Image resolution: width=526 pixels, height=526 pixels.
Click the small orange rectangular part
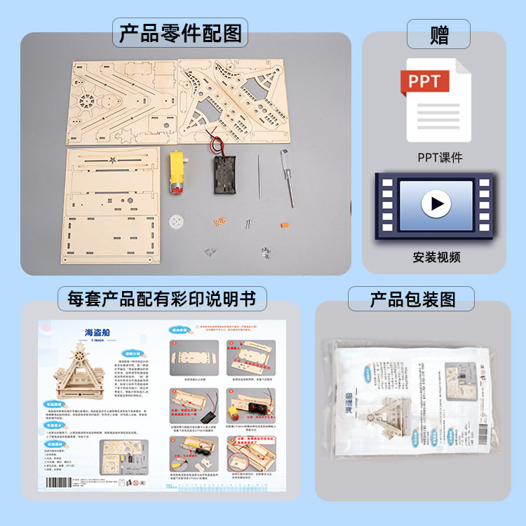(284, 225)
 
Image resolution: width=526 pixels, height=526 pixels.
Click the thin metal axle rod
(258, 179)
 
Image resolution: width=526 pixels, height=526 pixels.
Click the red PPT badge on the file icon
(424, 81)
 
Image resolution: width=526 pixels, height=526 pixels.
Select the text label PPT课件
(440, 157)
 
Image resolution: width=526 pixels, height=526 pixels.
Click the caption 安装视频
(436, 257)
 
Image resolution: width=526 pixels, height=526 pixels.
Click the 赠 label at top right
(439, 34)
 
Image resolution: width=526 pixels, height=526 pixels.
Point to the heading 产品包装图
(412, 299)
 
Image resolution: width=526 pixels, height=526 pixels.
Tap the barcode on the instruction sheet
(64, 483)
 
